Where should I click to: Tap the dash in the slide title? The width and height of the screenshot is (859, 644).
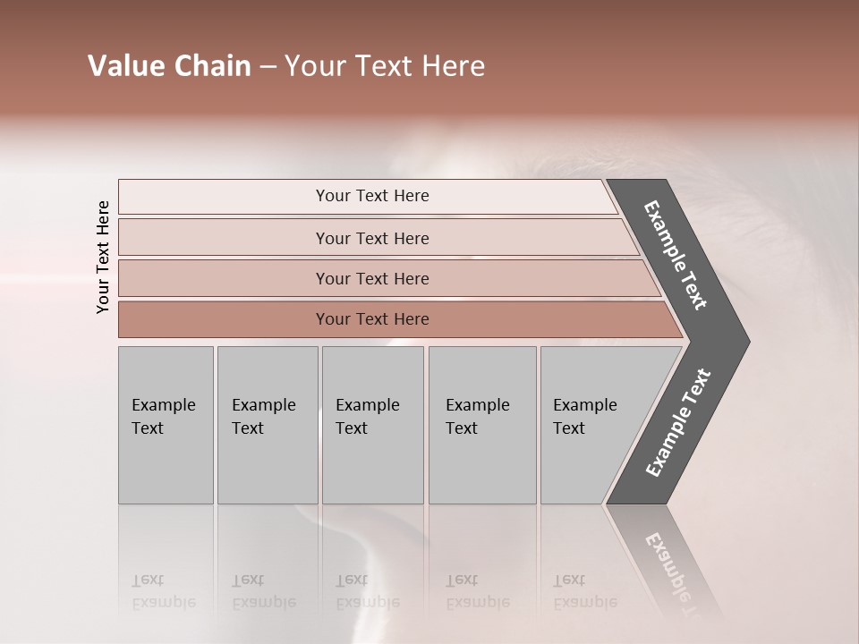267,67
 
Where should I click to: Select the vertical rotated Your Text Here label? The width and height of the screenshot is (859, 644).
103,258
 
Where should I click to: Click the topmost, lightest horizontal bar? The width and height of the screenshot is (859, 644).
371,196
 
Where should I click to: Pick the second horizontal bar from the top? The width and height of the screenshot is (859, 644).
371,238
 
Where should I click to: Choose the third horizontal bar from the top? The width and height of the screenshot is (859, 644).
371,278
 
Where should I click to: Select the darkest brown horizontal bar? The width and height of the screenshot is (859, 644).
371,319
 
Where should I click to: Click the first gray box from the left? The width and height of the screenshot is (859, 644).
166,425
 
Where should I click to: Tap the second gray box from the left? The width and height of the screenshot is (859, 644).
267,425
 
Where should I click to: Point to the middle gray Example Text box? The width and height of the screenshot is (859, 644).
372,425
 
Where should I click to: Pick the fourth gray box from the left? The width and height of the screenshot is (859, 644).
481,425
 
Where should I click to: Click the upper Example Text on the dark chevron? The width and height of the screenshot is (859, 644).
676,255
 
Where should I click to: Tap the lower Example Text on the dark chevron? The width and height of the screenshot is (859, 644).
677,423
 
